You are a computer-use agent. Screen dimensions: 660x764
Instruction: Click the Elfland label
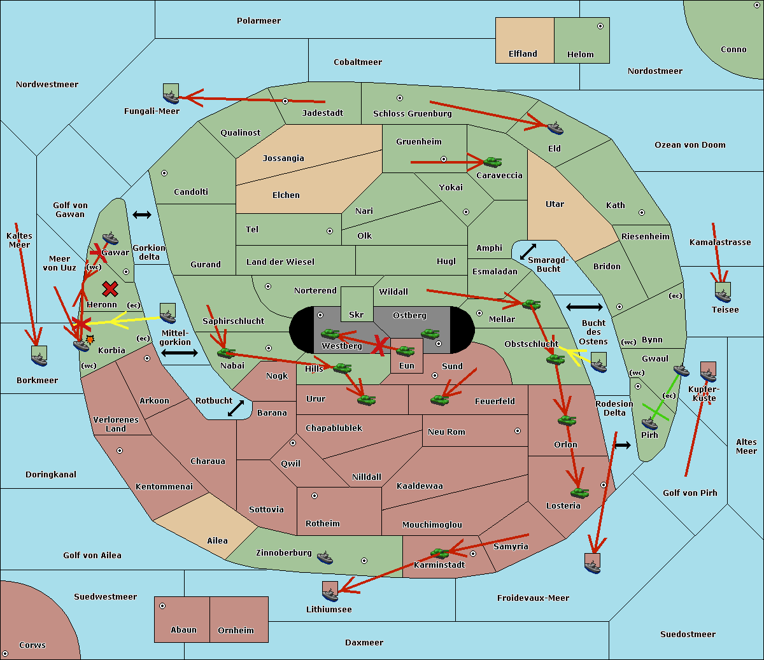tap(523, 54)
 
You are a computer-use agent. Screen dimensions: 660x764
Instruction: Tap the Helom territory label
tap(580, 55)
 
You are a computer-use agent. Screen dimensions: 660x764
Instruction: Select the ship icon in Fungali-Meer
tap(171, 94)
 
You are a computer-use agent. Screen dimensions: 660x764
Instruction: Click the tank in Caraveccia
tap(492, 162)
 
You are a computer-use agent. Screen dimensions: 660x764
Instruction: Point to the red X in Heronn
tap(110, 290)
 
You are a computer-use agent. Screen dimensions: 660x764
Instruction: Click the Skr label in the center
tap(356, 314)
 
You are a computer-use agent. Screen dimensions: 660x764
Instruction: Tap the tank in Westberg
tap(330, 334)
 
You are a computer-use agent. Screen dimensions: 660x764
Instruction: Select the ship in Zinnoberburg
tap(325, 558)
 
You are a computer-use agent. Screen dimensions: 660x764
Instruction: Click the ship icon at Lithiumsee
tap(330, 592)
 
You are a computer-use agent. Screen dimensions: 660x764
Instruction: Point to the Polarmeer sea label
tap(258, 21)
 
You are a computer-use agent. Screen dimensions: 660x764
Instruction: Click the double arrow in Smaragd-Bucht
tap(528, 251)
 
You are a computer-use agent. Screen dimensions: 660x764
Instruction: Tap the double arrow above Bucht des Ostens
tap(584, 307)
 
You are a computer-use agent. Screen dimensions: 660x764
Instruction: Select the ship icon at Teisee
tap(723, 293)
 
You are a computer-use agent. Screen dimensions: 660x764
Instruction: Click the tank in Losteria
tap(579, 492)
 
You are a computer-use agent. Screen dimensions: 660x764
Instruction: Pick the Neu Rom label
tap(446, 432)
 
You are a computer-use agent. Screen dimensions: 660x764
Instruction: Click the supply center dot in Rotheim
tap(315, 495)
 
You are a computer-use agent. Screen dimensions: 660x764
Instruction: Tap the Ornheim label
tap(236, 631)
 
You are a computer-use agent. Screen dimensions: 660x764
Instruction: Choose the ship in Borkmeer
tap(39, 356)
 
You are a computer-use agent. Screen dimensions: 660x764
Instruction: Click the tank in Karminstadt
tap(439, 553)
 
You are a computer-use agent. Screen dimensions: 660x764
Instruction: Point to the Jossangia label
tap(283, 158)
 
